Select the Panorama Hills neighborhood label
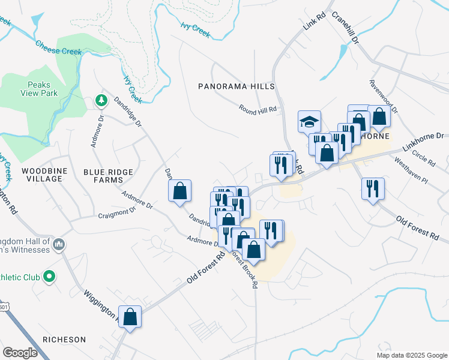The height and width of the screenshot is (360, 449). pos(236,86)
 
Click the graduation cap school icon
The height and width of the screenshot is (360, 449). pos(310,122)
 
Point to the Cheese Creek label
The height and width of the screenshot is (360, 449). pos(58,47)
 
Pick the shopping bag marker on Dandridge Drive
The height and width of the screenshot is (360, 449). pos(180,191)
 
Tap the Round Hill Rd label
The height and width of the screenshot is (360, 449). pos(258,109)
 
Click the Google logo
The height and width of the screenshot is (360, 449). pos(20,352)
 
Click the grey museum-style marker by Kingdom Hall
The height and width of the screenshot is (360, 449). pos(59,244)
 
